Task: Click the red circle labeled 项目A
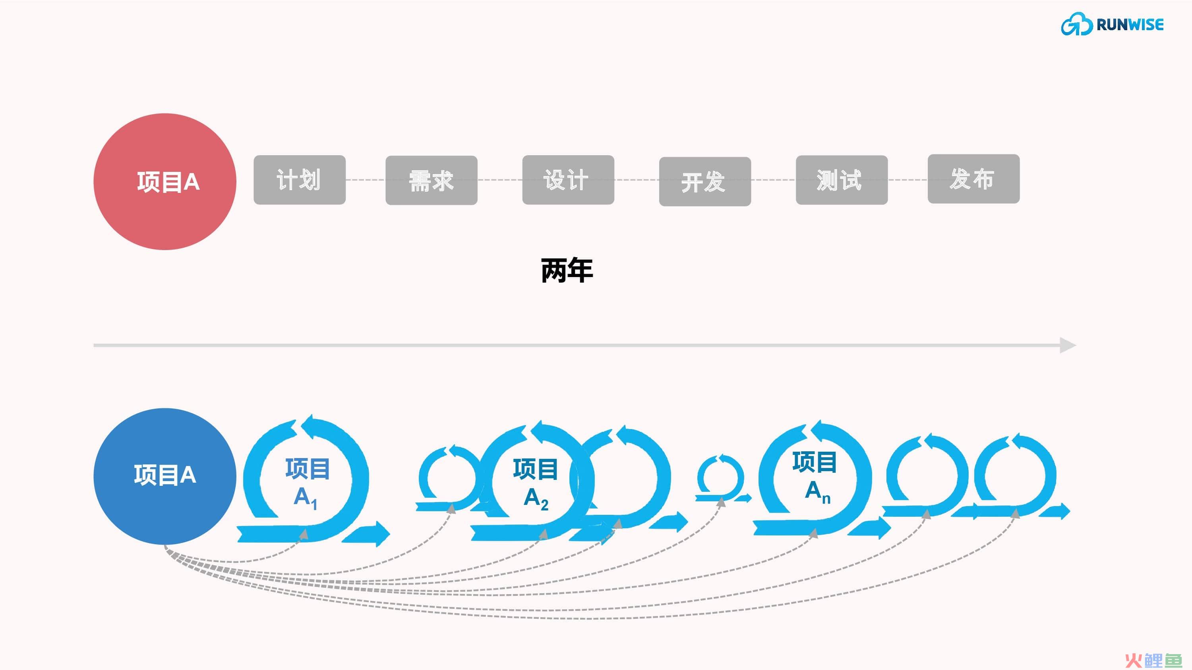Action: pyautogui.click(x=165, y=182)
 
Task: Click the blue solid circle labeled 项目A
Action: pyautogui.click(x=165, y=476)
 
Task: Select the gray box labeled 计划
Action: pyautogui.click(x=299, y=180)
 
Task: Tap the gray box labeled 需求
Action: pyautogui.click(x=431, y=180)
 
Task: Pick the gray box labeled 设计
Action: pyautogui.click(x=568, y=180)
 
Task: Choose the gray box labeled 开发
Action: pyautogui.click(x=705, y=182)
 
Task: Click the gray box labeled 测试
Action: pyautogui.click(x=842, y=180)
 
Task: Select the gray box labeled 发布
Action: pyautogui.click(x=973, y=179)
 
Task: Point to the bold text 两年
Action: pyautogui.click(x=567, y=270)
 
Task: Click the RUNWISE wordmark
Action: pyautogui.click(x=1130, y=25)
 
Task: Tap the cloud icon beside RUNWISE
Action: pyautogui.click(x=1077, y=24)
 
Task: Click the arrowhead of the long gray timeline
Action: pyautogui.click(x=1068, y=345)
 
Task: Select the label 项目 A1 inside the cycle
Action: pyautogui.click(x=307, y=483)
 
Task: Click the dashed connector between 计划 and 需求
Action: pyautogui.click(x=366, y=180)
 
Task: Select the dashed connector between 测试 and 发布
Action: pyautogui.click(x=908, y=180)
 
